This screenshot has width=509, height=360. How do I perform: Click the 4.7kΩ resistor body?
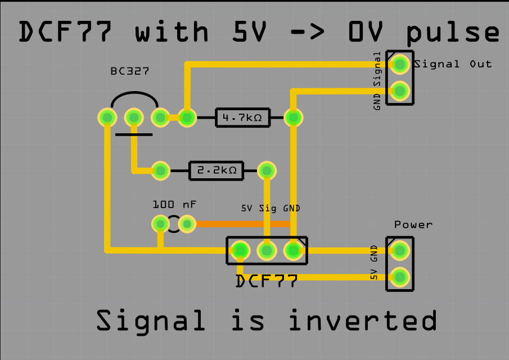pos(243,117)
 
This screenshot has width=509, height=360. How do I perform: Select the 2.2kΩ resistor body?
pos(216,170)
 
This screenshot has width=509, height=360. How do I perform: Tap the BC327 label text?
pos(130,71)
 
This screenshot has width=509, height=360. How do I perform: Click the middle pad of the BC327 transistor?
pos(134,117)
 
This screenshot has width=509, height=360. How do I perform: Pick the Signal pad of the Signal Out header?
pos(400,64)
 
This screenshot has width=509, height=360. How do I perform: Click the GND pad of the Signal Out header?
pos(400,91)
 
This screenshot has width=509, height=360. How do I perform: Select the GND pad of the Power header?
pos(400,251)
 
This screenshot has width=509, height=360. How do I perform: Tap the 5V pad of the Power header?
pos(400,277)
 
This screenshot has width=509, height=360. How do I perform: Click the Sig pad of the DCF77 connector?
pos(267,251)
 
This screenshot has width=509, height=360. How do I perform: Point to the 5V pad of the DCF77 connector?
pos(240,251)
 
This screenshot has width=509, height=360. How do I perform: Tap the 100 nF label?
pos(174,205)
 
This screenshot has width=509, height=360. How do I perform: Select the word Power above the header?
pos(413,224)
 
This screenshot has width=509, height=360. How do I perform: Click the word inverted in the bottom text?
pos(363,320)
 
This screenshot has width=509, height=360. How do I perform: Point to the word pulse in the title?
pos(453,33)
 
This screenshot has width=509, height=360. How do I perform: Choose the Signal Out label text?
pos(453,64)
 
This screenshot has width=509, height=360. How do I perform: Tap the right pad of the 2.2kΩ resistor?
pos(267,170)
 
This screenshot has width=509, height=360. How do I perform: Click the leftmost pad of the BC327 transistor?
pos(107,117)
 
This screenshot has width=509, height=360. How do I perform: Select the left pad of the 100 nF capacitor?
pos(160,224)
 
